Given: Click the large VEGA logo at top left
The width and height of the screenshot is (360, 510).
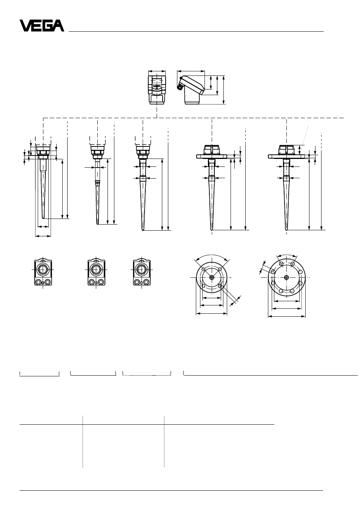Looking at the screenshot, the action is click(x=42, y=26).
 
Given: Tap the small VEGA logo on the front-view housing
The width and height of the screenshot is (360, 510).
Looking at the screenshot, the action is click(x=157, y=86).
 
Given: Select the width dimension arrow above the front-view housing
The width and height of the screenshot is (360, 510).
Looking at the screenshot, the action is click(x=157, y=71).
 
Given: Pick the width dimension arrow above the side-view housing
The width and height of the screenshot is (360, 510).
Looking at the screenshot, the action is click(x=191, y=71).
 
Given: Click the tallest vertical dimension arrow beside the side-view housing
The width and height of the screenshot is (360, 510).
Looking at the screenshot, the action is click(x=224, y=90).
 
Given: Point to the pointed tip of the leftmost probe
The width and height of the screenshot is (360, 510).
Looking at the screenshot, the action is click(x=43, y=218).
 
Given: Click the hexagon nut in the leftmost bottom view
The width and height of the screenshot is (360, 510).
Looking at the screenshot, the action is click(x=43, y=270).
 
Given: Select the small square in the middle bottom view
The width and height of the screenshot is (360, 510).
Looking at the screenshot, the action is click(x=96, y=283).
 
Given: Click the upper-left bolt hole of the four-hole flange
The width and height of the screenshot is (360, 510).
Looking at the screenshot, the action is click(x=204, y=269).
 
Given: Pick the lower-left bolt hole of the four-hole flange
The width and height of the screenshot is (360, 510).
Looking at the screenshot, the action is click(x=204, y=286).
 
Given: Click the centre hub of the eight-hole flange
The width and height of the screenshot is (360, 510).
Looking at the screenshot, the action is click(x=286, y=277).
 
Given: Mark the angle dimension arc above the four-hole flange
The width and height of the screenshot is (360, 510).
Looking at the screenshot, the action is click(x=212, y=255).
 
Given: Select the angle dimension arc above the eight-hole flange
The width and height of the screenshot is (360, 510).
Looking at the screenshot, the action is click(x=287, y=255).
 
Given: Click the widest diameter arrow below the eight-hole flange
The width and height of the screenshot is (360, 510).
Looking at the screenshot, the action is click(x=287, y=316).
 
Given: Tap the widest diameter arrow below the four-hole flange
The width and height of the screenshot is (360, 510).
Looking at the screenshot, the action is click(x=212, y=314).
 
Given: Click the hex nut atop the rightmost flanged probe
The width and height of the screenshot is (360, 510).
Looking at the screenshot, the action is click(x=286, y=149).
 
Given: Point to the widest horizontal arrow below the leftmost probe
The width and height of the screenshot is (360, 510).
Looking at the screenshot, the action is click(x=43, y=236).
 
